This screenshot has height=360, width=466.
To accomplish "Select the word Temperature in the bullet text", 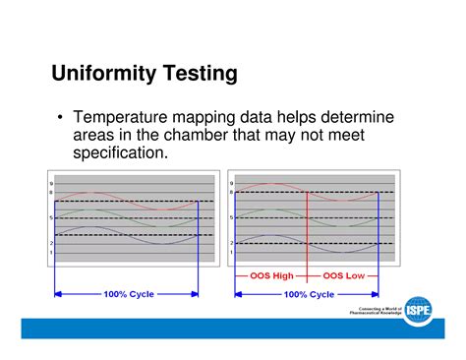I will [x=128, y=118].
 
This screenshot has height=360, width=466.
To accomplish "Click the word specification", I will [x=121, y=153].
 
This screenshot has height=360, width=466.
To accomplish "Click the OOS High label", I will [x=270, y=276].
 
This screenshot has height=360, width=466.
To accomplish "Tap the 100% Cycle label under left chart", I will [x=126, y=294].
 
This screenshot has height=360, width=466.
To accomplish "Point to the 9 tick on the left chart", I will [x=50, y=183].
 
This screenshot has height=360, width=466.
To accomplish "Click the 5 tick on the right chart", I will [x=231, y=217].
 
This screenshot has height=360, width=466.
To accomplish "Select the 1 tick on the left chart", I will [x=50, y=253].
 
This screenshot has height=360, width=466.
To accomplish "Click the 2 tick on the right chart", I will [x=231, y=243].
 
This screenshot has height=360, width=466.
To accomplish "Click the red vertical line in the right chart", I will [x=308, y=231].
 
